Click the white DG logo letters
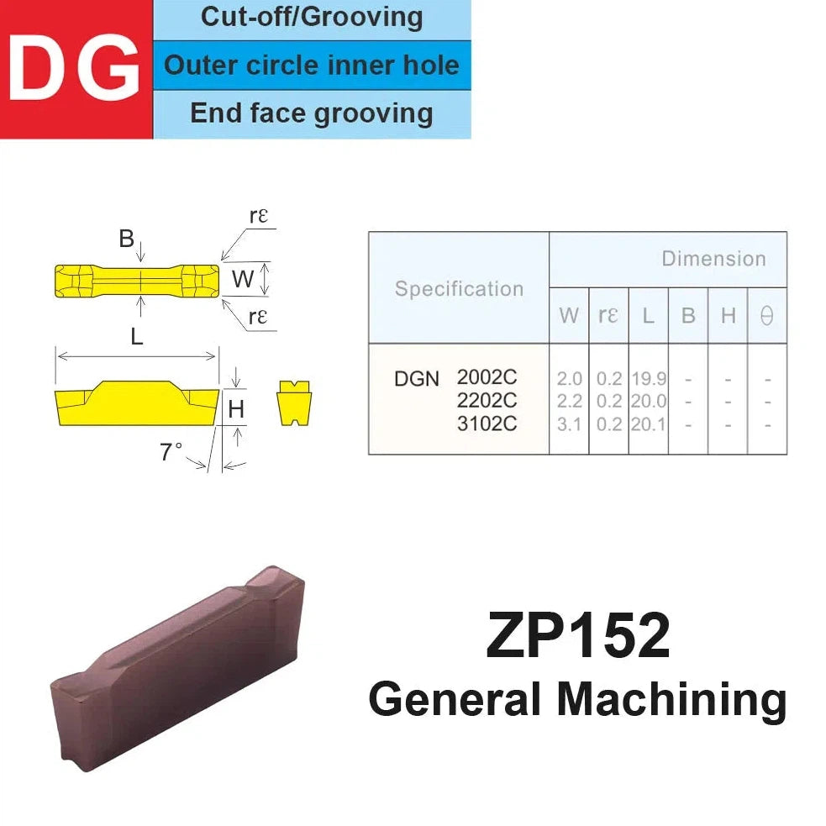(74, 68)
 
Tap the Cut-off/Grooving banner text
(312, 17)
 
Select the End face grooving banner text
(312, 113)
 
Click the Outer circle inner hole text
(312, 66)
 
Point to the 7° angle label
(171, 451)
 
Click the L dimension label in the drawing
(137, 336)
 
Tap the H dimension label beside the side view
(236, 408)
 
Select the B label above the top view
(126, 239)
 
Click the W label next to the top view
(242, 279)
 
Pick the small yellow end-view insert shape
(294, 402)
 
